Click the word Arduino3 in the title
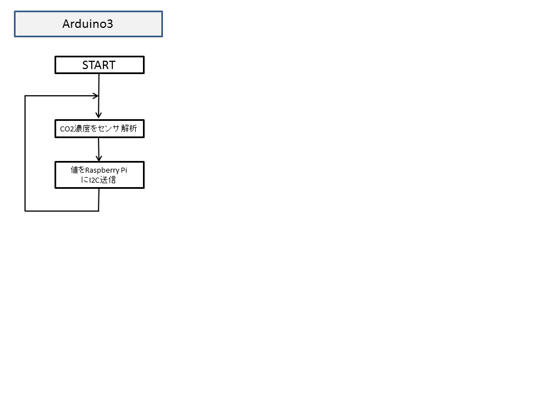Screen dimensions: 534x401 point(87,24)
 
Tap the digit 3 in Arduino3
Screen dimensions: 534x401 point(110,24)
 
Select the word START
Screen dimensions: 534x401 point(99,65)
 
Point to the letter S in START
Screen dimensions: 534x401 point(85,65)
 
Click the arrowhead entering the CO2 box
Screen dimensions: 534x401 point(99,115)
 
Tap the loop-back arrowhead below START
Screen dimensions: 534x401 point(96,96)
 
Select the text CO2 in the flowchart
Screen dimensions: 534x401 point(67,129)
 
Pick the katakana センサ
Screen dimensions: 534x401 point(108,129)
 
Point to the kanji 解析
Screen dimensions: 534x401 point(129,129)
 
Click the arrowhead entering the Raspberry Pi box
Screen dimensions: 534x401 point(99,158)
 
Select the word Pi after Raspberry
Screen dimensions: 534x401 point(124,170)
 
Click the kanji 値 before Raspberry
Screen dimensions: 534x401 point(74,170)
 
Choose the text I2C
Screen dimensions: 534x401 point(95,180)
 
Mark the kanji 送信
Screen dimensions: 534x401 point(108,180)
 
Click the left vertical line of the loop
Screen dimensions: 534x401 point(25,154)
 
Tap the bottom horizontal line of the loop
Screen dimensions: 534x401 point(62,211)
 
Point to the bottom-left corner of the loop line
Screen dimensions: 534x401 point(25,211)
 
